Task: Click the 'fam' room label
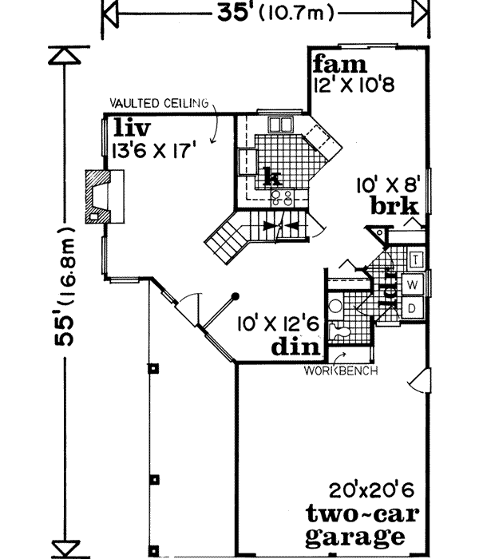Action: click(x=339, y=63)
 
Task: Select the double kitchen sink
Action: click(x=280, y=125)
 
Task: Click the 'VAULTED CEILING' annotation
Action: click(x=158, y=103)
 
